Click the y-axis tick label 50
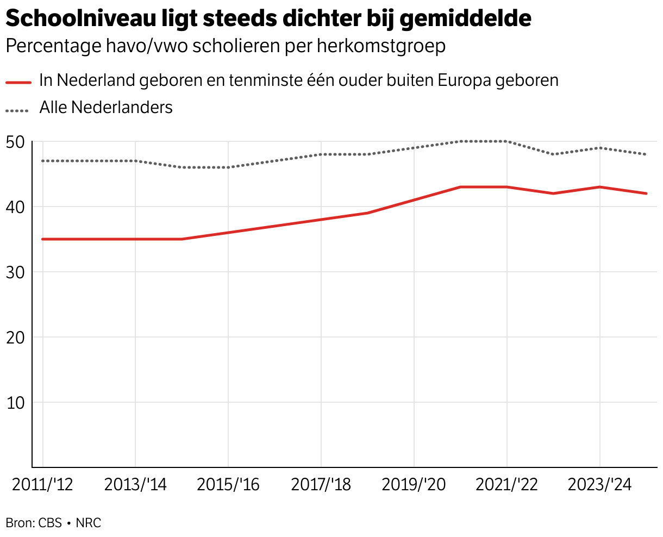15,142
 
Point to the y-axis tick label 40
15,208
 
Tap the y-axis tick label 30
15,273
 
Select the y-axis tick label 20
15,338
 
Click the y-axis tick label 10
15,403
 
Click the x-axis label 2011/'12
42,485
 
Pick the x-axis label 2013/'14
135,485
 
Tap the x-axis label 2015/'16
228,485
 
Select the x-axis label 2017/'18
321,485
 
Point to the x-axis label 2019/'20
414,485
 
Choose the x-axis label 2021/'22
506,485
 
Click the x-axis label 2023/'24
599,485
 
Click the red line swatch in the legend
18,82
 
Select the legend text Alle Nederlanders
105,108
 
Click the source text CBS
50,523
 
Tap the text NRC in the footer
89,523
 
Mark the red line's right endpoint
646,193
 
